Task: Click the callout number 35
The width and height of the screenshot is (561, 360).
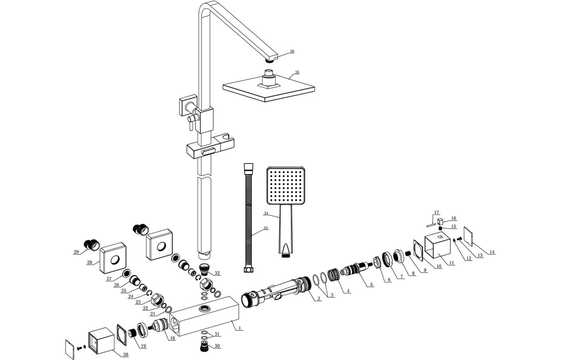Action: click(297, 72)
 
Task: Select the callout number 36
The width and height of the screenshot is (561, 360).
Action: click(292, 51)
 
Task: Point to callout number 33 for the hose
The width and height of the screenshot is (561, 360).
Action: click(265, 229)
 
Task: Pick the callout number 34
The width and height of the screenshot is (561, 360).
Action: click(266, 213)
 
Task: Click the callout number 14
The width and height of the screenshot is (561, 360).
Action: click(492, 252)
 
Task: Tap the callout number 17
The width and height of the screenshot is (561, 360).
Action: click(437, 212)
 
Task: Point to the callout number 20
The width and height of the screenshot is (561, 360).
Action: click(125, 355)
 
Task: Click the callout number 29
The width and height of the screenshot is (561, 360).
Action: click(76, 251)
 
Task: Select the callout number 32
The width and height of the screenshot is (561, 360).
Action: click(217, 274)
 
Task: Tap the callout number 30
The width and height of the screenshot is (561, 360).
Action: click(217, 346)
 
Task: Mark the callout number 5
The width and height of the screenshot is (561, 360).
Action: click(371, 285)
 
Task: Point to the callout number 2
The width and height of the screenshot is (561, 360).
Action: click(319, 299)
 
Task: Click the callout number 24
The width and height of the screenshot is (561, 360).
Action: click(131, 296)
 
